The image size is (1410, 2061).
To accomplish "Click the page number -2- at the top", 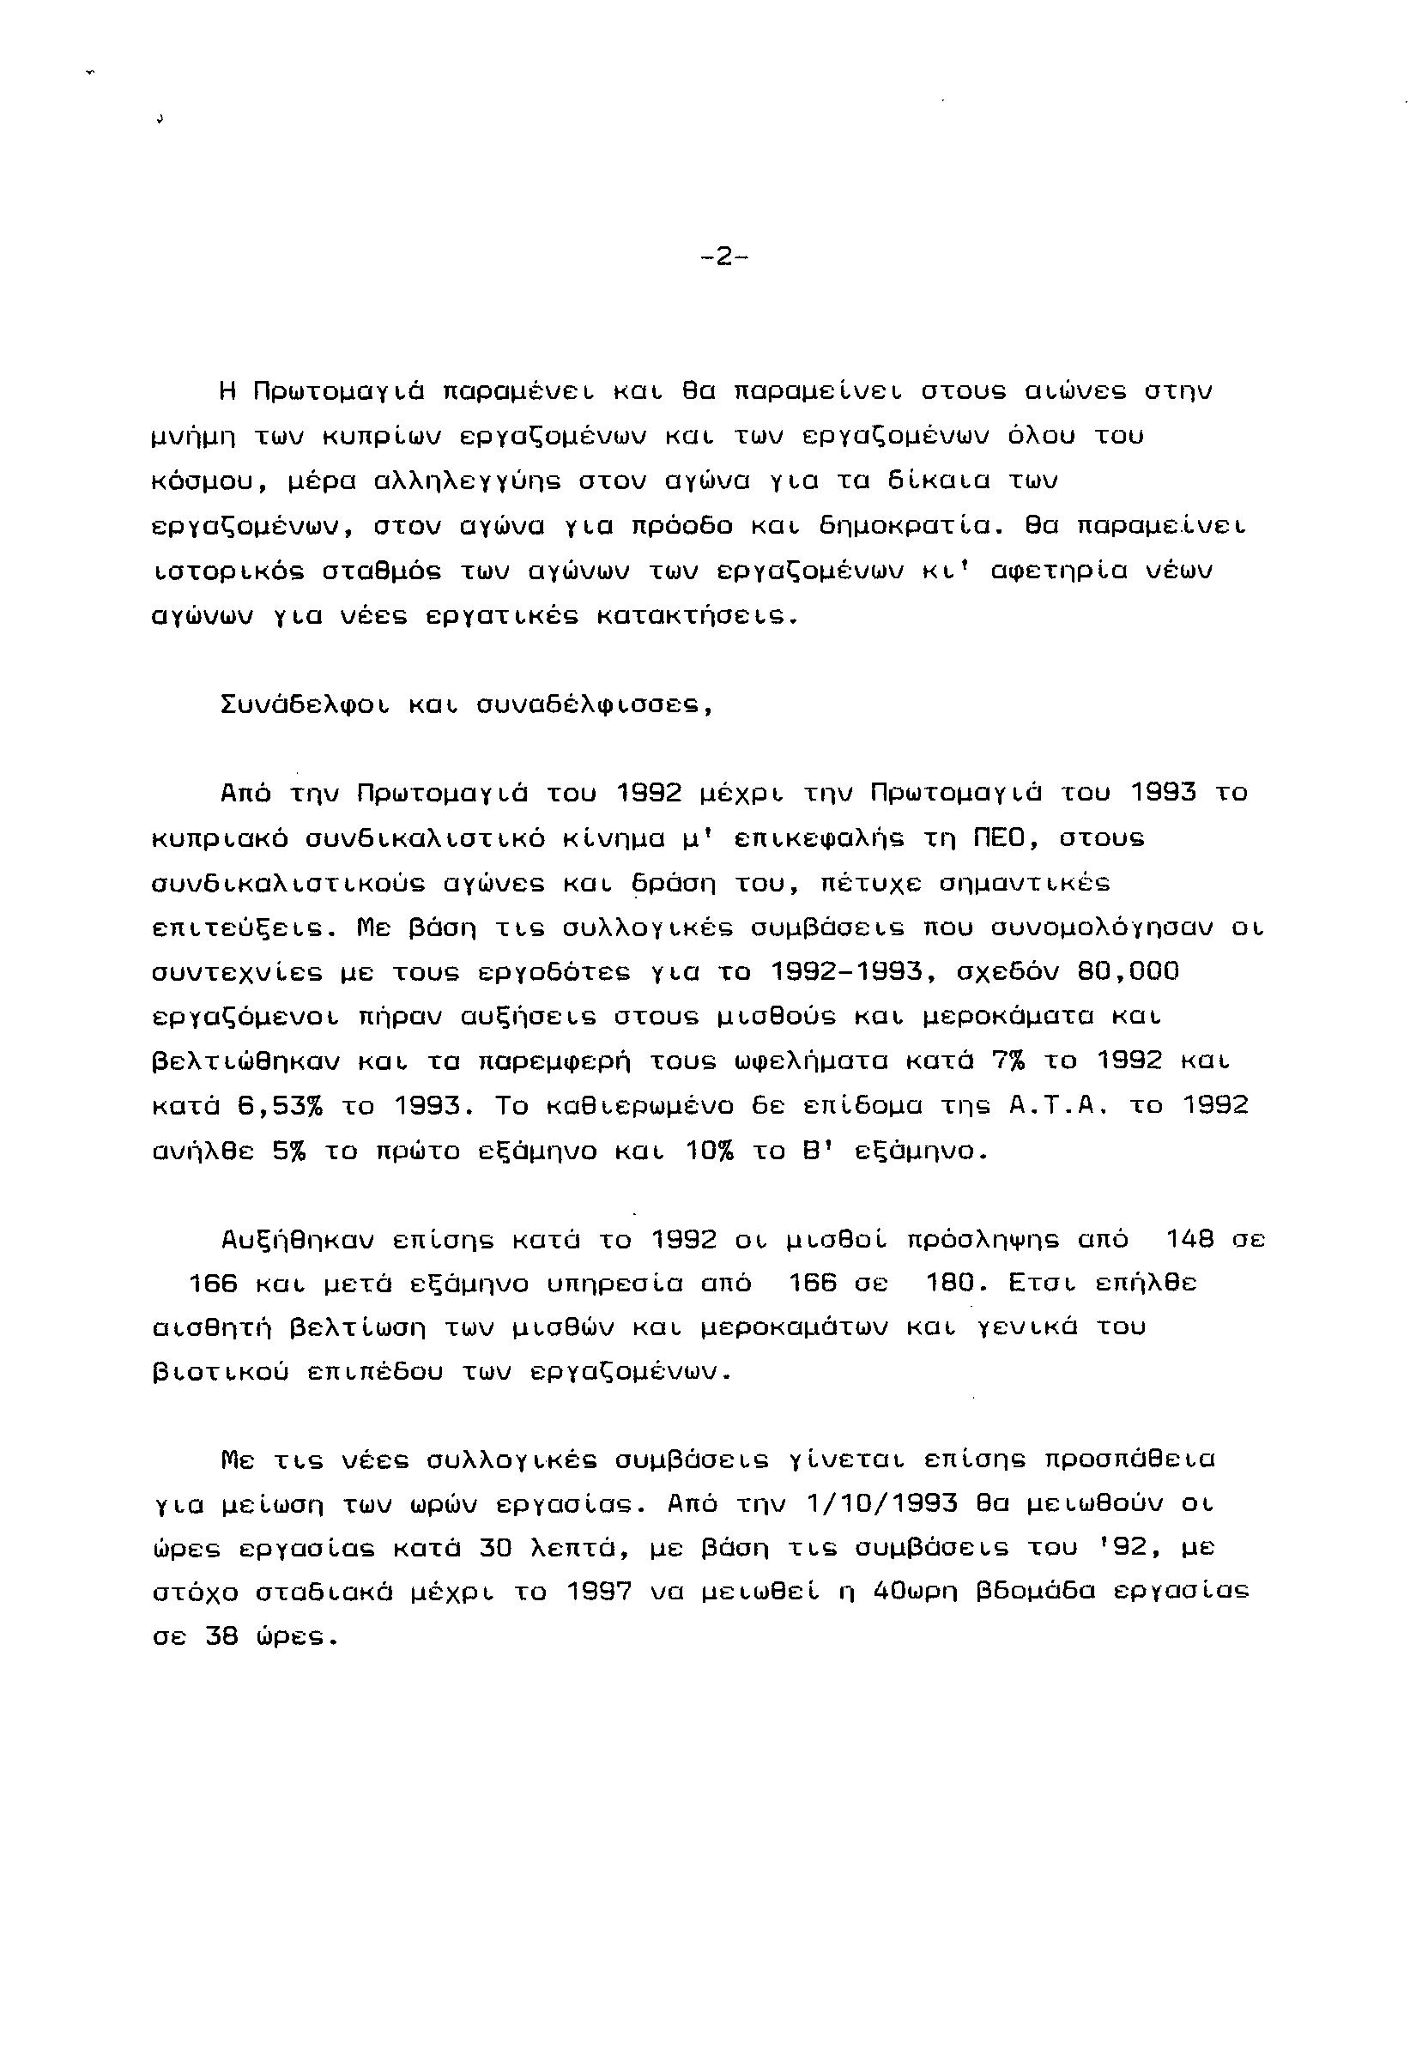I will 723,257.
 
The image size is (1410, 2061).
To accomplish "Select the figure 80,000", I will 1128,972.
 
